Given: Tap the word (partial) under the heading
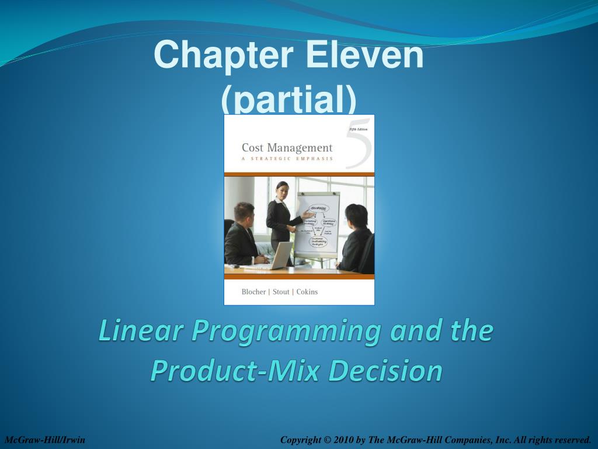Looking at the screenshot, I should coord(288,99).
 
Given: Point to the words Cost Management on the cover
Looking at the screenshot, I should coord(287,148).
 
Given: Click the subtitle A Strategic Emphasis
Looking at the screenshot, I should coord(287,158).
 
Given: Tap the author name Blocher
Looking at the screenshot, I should coord(253,292).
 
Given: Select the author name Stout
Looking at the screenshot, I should coord(280,292).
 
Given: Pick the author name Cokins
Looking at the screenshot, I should coord(307,292).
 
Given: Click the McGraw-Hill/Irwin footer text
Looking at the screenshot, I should coord(45,440).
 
